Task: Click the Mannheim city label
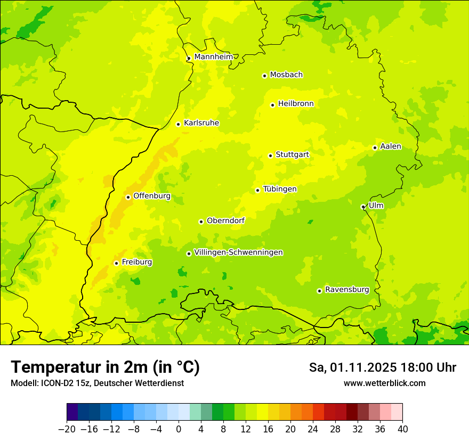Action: click(x=213, y=57)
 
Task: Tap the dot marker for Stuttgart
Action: click(x=270, y=155)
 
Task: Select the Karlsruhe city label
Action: click(x=201, y=123)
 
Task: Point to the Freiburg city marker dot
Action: click(x=116, y=263)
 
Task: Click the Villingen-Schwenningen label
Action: click(x=238, y=252)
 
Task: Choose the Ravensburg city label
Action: click(x=346, y=290)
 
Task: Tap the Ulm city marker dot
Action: click(x=363, y=207)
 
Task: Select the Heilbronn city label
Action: click(x=296, y=104)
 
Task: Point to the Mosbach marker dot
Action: click(x=264, y=76)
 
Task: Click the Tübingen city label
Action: click(x=279, y=189)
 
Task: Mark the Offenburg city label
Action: click(x=151, y=196)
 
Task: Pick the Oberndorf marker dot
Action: click(x=201, y=222)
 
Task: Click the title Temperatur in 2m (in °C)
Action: click(x=105, y=367)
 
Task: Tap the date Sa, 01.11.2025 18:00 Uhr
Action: click(x=382, y=367)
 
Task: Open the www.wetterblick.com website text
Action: click(x=384, y=383)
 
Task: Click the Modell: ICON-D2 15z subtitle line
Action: click(x=97, y=383)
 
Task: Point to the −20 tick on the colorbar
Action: click(x=67, y=429)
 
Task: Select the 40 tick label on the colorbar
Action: click(x=402, y=429)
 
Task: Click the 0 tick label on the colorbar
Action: click(x=179, y=429)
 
